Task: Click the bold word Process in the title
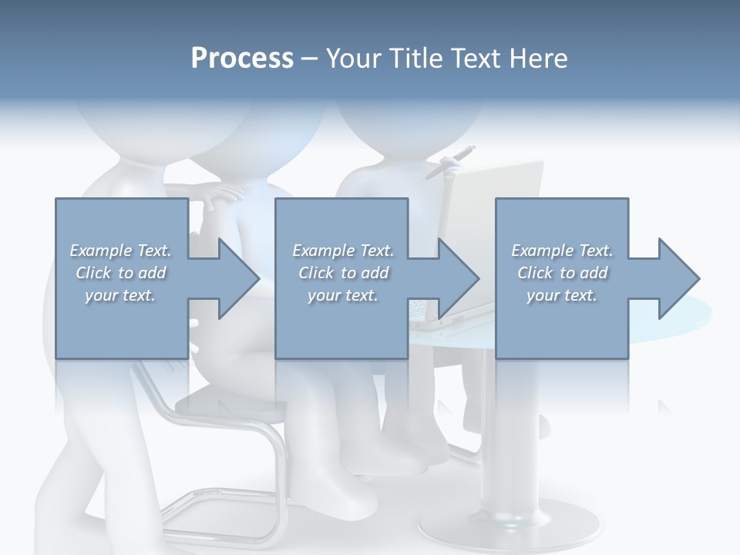(x=242, y=59)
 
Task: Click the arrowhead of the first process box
(x=238, y=278)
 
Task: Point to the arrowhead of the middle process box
(x=459, y=278)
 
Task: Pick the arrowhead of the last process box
(x=678, y=278)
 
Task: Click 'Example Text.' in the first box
(x=121, y=251)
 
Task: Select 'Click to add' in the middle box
(x=343, y=273)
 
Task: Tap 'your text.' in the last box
(x=561, y=295)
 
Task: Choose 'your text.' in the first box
(x=120, y=295)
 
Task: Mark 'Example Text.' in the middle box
(x=343, y=251)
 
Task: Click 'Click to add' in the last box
(x=563, y=273)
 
